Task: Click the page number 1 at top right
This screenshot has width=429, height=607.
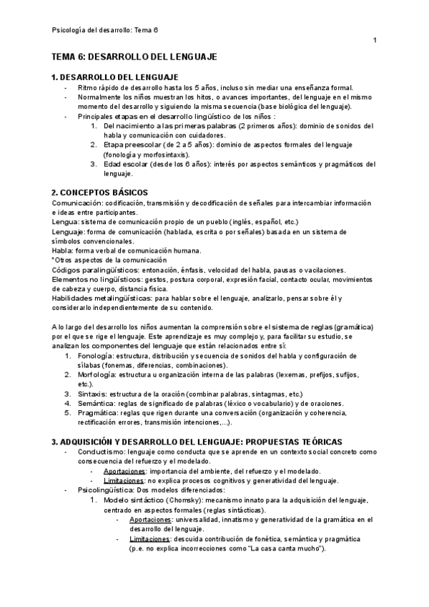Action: click(x=375, y=41)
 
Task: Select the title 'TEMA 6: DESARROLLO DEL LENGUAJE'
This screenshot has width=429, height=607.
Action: click(x=134, y=57)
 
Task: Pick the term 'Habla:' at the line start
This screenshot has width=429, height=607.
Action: click(x=65, y=251)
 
